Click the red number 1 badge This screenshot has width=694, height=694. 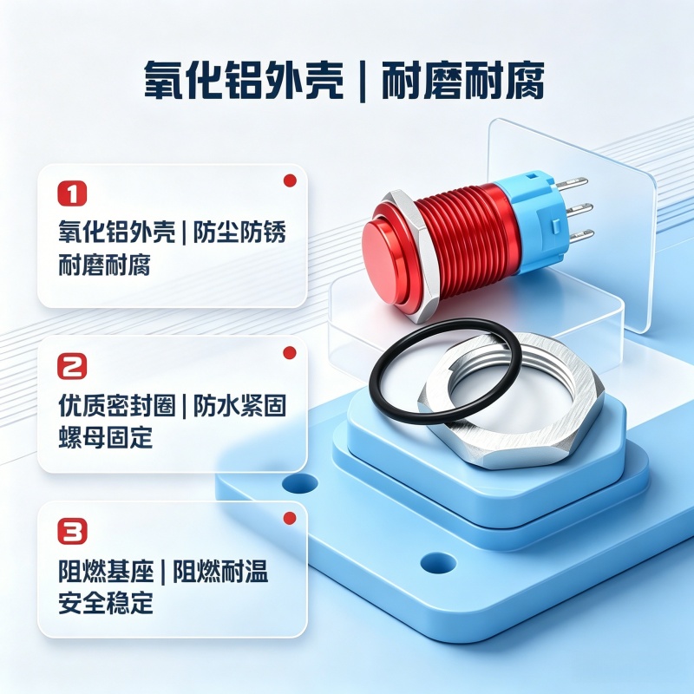72,193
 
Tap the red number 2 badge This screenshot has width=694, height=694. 72,365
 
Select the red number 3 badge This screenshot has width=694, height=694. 73,531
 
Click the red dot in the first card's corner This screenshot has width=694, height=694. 290,180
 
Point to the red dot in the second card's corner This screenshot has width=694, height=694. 290,353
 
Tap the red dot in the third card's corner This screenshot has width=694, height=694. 290,518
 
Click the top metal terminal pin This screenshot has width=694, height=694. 574,181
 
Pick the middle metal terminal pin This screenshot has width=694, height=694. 579,207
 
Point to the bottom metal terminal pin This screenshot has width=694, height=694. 579,234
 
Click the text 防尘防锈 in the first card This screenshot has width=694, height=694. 239,232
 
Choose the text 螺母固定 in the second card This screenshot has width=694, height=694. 105,438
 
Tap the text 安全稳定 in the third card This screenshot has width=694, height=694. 105,603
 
